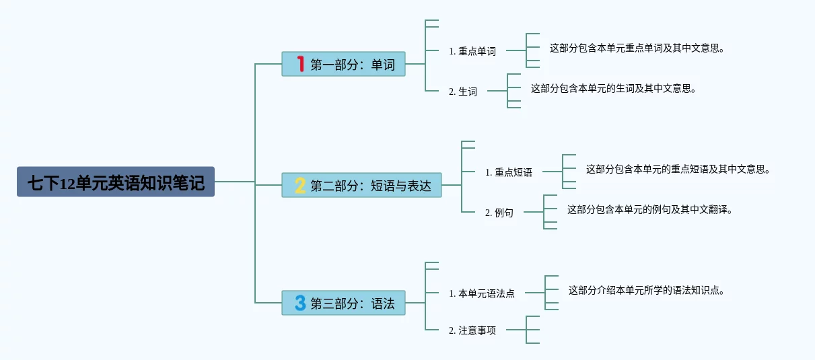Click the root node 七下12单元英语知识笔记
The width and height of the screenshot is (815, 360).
(x=116, y=182)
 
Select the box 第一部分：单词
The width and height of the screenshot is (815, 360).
(x=343, y=64)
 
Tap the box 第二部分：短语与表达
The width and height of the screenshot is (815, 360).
(x=361, y=185)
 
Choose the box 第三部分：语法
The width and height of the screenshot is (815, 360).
(x=343, y=303)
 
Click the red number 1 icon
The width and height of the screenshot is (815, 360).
(x=301, y=64)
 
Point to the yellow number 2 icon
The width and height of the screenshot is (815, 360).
(x=300, y=185)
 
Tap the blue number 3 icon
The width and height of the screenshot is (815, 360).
(x=300, y=303)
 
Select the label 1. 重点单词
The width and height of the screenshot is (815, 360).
(x=472, y=51)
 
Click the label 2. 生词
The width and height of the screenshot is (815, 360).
(x=462, y=92)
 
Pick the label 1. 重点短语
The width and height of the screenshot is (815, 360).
(x=508, y=172)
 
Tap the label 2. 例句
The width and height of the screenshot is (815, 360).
(x=499, y=213)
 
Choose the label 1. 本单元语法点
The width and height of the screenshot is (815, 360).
(x=481, y=293)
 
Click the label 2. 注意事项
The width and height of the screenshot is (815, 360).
(x=472, y=330)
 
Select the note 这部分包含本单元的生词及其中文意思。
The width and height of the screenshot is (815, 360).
(x=613, y=88)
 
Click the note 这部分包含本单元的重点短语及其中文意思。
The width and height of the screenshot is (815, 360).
(x=678, y=169)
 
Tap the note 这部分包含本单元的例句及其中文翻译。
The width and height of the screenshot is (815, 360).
(x=649, y=209)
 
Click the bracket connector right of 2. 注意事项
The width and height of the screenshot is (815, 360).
(x=529, y=330)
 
